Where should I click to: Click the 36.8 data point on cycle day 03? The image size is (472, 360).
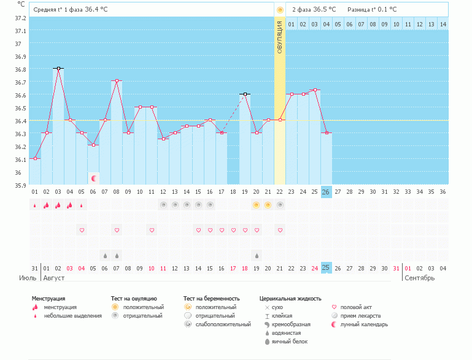click(58, 69)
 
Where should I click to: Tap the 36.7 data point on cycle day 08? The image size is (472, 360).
click(117, 81)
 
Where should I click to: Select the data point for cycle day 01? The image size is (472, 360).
click(35, 159)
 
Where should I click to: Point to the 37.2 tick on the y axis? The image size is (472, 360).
click(20, 18)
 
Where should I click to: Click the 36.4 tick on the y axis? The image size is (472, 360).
click(20, 121)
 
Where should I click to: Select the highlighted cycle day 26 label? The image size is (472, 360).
click(326, 191)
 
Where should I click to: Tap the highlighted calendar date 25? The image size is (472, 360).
click(326, 267)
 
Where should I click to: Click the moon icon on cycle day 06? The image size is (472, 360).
click(94, 178)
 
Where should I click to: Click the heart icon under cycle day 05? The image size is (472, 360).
click(82, 230)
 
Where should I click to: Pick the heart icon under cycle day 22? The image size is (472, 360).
click(280, 230)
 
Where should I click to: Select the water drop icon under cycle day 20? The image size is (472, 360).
click(257, 255)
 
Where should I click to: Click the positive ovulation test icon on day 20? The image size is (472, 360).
click(257, 205)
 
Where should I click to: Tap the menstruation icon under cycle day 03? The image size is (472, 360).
click(58, 205)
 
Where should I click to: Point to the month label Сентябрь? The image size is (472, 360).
click(419, 278)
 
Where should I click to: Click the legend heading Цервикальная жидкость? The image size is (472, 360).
click(290, 298)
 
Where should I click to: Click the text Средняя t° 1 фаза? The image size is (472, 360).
click(58, 10)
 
